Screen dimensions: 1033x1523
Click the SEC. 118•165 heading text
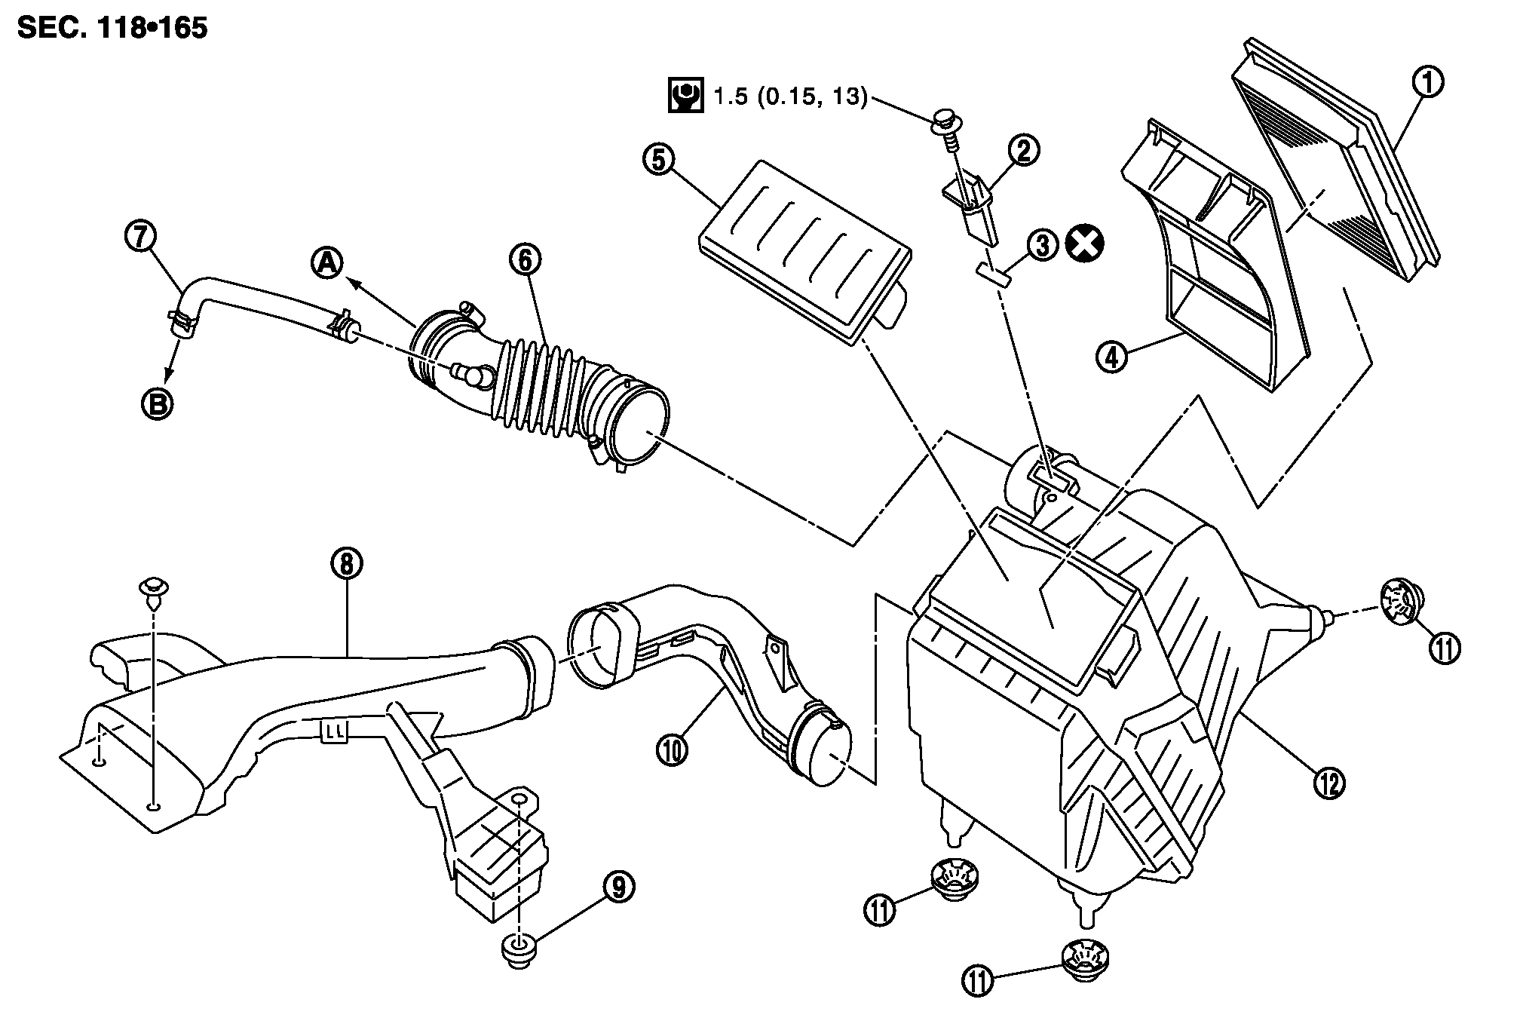[112, 29]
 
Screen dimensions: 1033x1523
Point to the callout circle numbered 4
[1112, 355]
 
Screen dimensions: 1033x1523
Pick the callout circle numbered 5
[659, 161]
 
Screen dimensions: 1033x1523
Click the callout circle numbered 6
[525, 259]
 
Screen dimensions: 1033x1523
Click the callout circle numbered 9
[618, 888]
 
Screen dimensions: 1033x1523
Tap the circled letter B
[157, 405]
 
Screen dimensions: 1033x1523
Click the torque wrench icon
[685, 97]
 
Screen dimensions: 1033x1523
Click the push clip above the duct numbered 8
[153, 590]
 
